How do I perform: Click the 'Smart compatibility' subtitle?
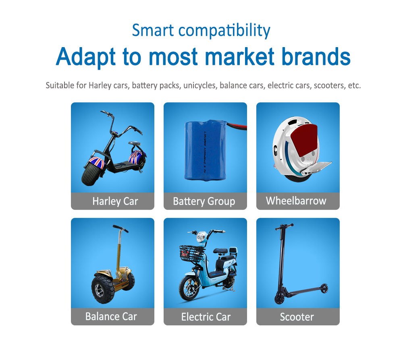tap(201, 30)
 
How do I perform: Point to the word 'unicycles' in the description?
tap(200, 86)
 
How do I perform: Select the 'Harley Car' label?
tap(115, 201)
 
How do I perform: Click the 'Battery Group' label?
tap(204, 201)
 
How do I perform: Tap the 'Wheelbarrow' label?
tap(296, 201)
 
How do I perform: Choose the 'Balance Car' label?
tap(111, 317)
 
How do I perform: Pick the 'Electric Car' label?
tap(206, 317)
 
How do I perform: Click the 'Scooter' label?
tap(297, 317)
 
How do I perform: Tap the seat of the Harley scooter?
tap(134, 143)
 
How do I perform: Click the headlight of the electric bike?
tap(201, 238)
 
